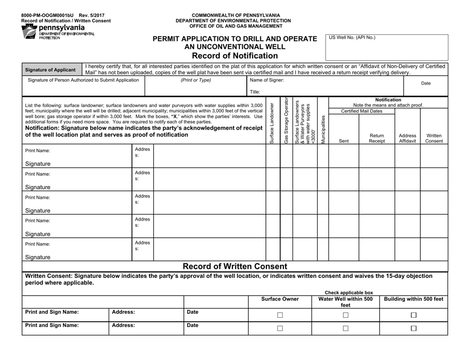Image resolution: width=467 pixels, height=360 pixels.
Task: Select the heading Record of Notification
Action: click(x=234, y=55)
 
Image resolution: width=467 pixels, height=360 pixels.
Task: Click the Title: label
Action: click(x=255, y=91)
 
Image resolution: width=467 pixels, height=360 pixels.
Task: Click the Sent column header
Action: click(x=344, y=140)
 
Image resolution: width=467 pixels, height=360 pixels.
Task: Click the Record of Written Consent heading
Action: click(x=234, y=266)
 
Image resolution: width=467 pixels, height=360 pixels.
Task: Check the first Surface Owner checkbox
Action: click(x=280, y=315)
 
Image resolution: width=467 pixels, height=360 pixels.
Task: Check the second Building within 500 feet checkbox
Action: click(x=413, y=329)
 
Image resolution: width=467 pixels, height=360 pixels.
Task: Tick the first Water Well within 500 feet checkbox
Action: click(x=346, y=315)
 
